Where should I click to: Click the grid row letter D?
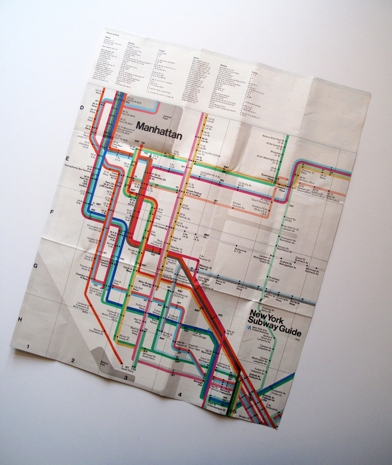click(82, 107)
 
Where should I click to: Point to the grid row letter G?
click(35, 265)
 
